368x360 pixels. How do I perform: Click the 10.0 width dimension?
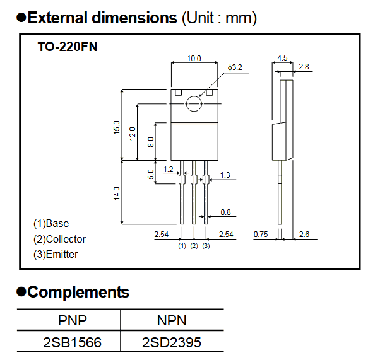[x=194, y=58]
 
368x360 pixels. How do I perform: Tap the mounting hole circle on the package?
[x=194, y=103]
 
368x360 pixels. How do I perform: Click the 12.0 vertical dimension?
[x=133, y=133]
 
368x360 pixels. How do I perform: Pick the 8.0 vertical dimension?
[x=150, y=142]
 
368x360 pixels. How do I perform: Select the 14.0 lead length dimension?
[x=116, y=192]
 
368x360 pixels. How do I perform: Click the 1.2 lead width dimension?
[x=168, y=169]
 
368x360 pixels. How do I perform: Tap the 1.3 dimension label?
[x=225, y=175]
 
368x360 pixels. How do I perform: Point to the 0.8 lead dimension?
[x=225, y=212]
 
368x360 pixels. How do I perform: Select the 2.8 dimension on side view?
[x=304, y=66]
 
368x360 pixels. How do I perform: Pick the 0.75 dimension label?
[x=260, y=235]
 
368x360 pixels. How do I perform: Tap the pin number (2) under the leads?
[x=194, y=245]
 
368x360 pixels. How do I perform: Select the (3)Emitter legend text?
[x=56, y=254]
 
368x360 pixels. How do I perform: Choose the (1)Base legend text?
[x=51, y=223]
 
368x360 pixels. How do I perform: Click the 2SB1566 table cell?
[x=72, y=343]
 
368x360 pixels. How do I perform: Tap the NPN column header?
[x=172, y=321]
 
